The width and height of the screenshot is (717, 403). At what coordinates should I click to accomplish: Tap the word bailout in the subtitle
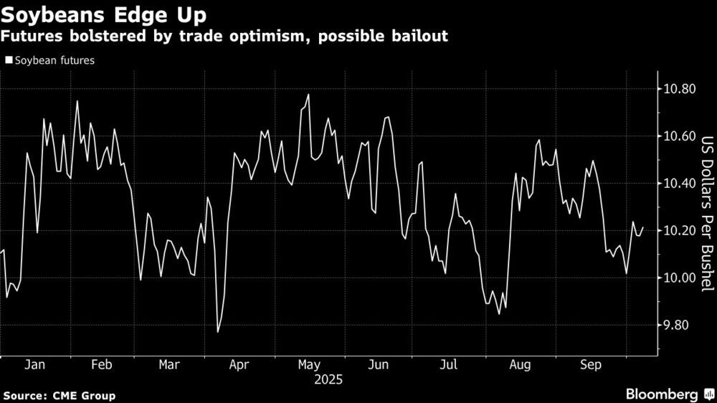pyautogui.click(x=421, y=35)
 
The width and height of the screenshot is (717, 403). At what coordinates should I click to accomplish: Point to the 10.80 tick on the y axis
pyautogui.click(x=679, y=90)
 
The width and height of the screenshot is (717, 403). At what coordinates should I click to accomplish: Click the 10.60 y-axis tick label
pyautogui.click(x=679, y=137)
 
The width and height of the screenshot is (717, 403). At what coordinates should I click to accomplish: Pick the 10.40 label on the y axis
pyautogui.click(x=679, y=184)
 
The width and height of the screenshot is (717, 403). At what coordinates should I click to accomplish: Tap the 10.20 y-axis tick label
pyautogui.click(x=679, y=231)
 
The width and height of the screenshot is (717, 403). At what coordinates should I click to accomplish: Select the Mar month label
pyautogui.click(x=168, y=365)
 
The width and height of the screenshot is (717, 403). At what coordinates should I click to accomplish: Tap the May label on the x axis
pyautogui.click(x=308, y=365)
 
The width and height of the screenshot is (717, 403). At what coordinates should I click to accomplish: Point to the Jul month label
pyautogui.click(x=448, y=365)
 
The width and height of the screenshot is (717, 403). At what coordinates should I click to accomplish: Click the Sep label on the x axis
pyautogui.click(x=590, y=365)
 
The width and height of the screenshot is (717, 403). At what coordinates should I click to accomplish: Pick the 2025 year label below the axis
pyautogui.click(x=328, y=379)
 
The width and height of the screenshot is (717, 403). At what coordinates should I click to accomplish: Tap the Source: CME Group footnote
pyautogui.click(x=59, y=395)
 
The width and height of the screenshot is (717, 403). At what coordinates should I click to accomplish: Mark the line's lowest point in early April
pyautogui.click(x=218, y=332)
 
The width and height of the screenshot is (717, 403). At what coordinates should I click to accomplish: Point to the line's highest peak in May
pyautogui.click(x=308, y=95)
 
